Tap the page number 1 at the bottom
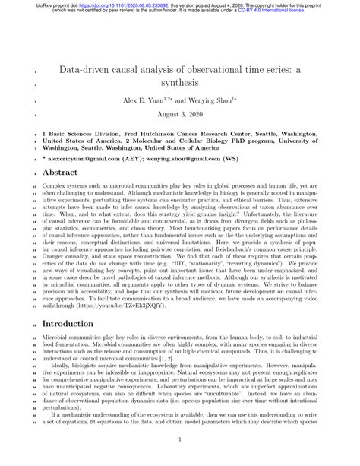point(179,439)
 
